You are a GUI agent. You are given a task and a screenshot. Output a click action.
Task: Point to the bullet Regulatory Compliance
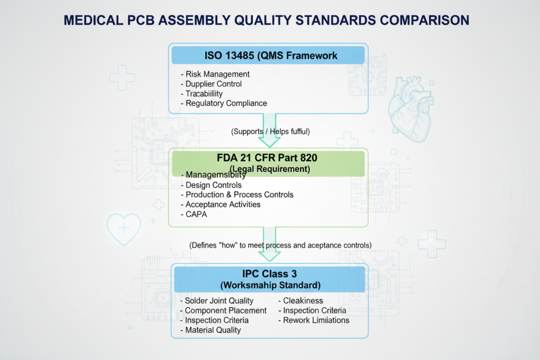(224, 103)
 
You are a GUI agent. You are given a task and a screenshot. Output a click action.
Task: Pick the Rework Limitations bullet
(313, 320)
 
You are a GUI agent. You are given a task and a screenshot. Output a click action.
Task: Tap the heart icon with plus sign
(124, 228)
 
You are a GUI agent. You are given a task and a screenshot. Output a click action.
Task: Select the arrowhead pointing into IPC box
(269, 257)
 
